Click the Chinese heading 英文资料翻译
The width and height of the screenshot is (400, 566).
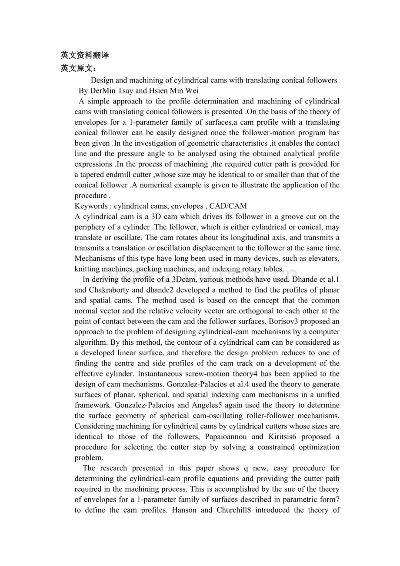pos(84,55)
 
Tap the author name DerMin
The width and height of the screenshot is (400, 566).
pos(104,91)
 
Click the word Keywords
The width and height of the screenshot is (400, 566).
pos(91,206)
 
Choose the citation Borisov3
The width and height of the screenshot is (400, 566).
pos(310,321)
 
